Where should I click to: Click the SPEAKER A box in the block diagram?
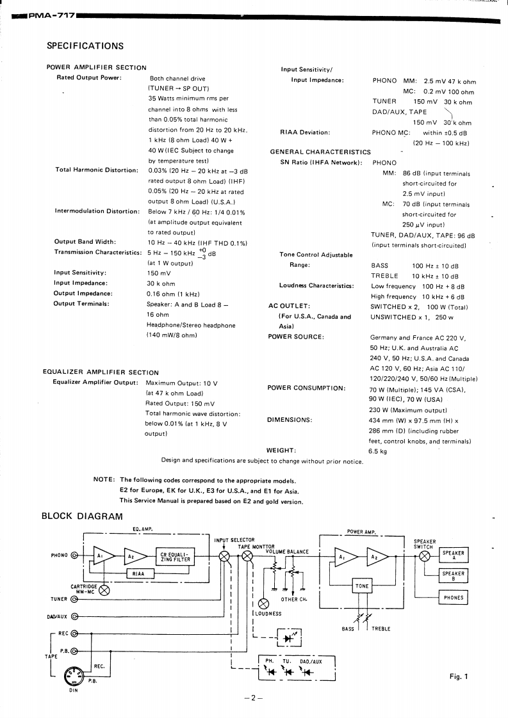(453, 555)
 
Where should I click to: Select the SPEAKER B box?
(453, 576)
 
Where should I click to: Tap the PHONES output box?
(453, 598)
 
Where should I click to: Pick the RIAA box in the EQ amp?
(138, 574)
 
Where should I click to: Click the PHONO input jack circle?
(76, 555)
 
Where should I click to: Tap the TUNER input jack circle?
(76, 600)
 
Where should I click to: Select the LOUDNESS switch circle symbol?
(263, 603)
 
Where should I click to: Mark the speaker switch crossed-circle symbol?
(425, 556)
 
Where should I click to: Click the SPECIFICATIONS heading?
(85, 46)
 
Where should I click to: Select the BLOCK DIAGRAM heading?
(82, 516)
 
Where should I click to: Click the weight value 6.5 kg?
(378, 451)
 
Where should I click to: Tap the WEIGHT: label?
(281, 450)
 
